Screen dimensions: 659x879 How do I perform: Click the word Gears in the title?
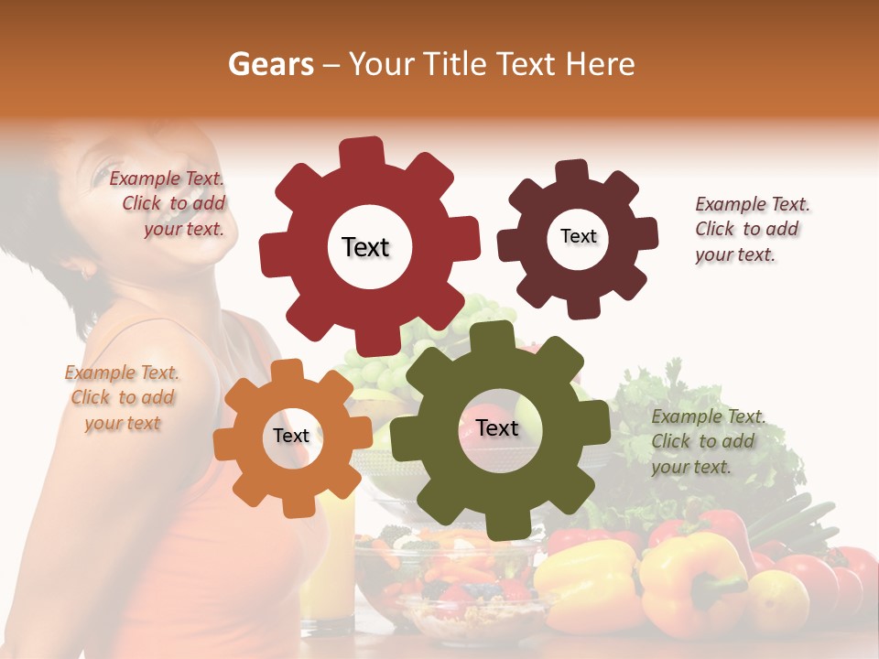point(270,64)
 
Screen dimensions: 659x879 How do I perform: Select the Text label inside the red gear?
point(365,247)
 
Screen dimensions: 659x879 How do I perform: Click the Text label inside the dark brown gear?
point(578,236)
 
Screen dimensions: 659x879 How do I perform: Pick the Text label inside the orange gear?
point(290,436)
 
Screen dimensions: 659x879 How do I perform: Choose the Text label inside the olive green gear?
point(496,427)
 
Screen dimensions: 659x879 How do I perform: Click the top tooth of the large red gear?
point(362,152)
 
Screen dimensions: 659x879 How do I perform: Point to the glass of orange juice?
point(330,558)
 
